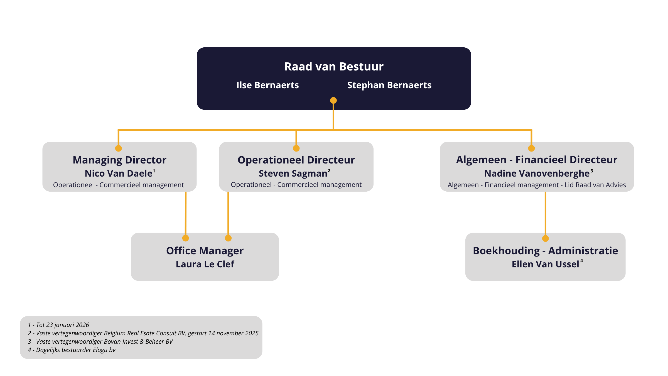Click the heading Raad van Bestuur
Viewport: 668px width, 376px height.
click(334, 67)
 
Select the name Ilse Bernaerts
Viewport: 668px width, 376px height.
click(267, 85)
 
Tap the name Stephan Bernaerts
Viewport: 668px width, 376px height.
click(389, 85)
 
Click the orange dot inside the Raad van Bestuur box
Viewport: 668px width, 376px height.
click(333, 100)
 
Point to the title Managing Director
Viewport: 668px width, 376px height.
click(119, 160)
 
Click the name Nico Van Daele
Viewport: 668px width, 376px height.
click(118, 173)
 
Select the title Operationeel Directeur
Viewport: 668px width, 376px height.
click(296, 160)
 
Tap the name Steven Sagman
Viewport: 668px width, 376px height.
click(293, 173)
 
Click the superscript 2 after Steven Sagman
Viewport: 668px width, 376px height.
click(329, 170)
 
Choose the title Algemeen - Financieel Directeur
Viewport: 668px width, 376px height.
click(537, 160)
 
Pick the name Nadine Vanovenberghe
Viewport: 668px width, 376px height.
click(537, 173)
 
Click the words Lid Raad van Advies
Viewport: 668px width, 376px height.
click(595, 185)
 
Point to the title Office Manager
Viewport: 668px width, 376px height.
click(205, 251)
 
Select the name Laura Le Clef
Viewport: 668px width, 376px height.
click(205, 264)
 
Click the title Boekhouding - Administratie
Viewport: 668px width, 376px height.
click(545, 251)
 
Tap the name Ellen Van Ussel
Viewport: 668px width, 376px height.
click(545, 264)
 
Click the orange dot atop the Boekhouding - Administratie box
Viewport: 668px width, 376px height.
click(545, 238)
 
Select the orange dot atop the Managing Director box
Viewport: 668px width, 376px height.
click(119, 148)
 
